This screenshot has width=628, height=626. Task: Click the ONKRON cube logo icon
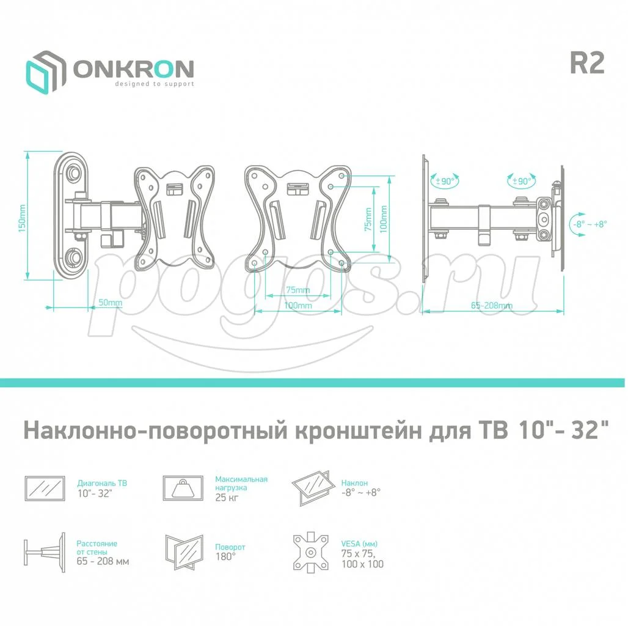click(46, 73)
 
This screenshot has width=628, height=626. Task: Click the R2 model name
click(586, 64)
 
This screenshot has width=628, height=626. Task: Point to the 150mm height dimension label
click(21, 218)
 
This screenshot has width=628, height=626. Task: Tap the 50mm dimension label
click(110, 303)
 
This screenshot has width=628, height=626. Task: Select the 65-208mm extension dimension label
click(491, 306)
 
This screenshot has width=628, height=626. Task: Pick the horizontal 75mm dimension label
click(298, 290)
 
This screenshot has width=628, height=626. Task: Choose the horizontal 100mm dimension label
click(298, 306)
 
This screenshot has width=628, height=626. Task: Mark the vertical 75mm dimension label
click(368, 219)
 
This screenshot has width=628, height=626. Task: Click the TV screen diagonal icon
click(45, 488)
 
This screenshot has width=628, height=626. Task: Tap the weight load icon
click(183, 488)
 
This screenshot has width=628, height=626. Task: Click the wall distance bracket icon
click(45, 553)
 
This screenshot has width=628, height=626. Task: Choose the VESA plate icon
click(311, 553)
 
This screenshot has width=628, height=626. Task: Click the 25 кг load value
click(227, 498)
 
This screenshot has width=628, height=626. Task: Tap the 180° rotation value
click(225, 556)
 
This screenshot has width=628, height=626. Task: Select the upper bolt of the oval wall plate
click(75, 172)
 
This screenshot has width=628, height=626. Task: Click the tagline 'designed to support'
click(155, 84)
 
